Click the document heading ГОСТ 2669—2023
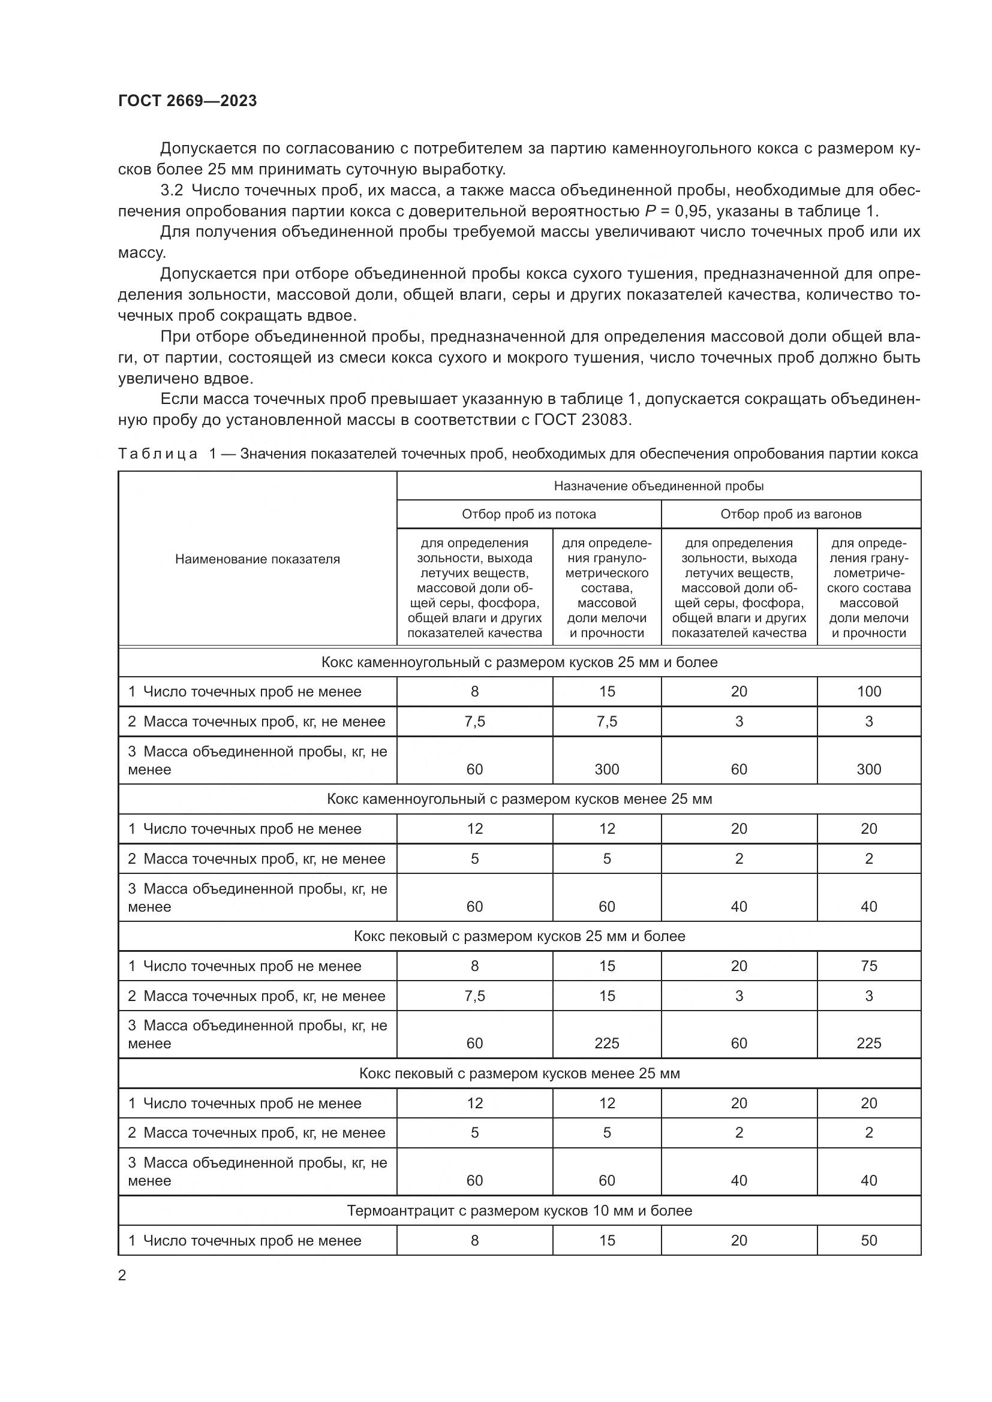tap(187, 101)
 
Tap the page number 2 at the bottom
tap(122, 1276)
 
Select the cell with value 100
tap(868, 691)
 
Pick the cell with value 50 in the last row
tap(868, 1240)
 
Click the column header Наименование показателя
tap(257, 559)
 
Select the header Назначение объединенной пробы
tap(659, 486)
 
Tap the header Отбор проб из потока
tap(528, 514)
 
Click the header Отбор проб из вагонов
tap(790, 514)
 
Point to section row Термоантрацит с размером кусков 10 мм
tap(519, 1210)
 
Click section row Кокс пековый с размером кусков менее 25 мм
tap(519, 1073)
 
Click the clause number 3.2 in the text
tap(172, 191)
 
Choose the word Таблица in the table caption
tap(157, 454)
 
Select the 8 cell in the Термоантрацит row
tap(474, 1240)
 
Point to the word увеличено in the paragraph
tap(158, 379)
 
